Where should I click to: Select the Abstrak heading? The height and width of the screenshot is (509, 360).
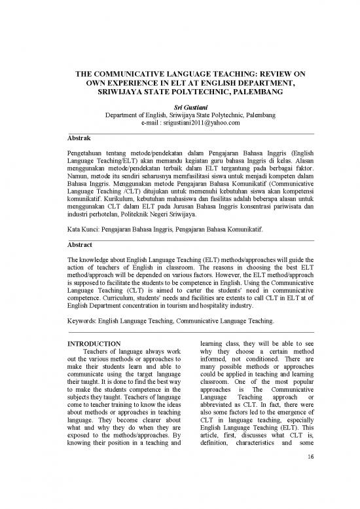(x=80, y=140)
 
